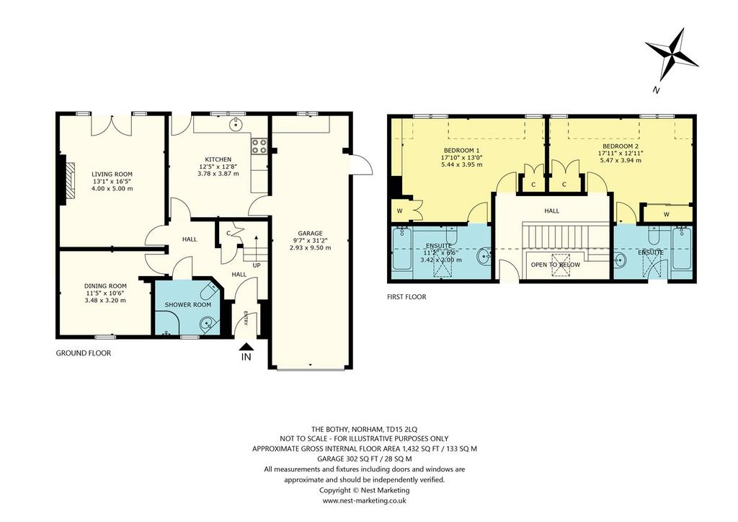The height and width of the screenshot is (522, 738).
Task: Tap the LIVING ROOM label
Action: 112,174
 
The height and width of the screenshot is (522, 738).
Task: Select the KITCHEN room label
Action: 218,159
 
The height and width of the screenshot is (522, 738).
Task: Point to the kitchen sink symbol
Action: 235,124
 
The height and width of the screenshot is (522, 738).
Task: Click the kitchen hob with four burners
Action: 259,146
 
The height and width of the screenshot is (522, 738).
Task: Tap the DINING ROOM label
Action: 105,286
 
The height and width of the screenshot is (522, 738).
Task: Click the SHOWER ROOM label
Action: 188,304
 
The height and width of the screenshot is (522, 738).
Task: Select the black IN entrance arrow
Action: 246,347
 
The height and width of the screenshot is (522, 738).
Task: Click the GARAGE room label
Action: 310,233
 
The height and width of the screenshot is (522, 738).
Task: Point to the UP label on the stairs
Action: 257,265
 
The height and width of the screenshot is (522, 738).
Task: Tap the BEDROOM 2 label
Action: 621,146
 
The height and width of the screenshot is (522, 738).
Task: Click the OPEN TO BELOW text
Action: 556,265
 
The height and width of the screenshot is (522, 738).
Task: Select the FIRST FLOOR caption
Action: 406,297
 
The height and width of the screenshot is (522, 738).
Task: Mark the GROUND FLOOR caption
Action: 84,353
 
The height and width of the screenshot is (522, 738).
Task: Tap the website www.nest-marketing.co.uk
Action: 364,501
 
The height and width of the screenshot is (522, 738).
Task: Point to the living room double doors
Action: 112,125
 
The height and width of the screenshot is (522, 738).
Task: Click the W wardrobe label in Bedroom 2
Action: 667,215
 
